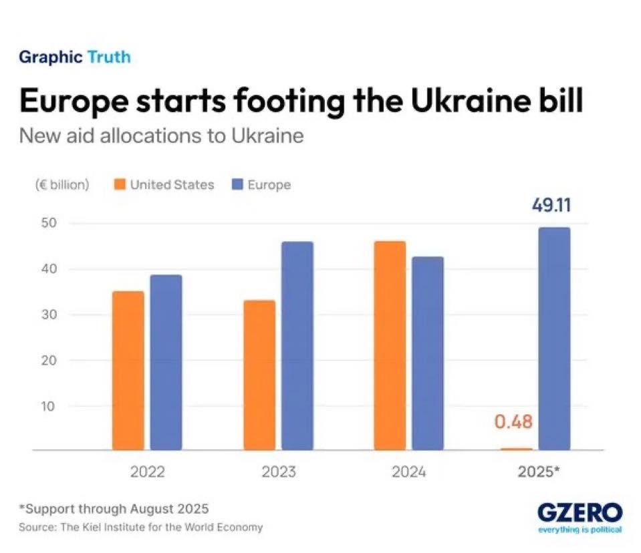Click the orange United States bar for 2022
(128, 371)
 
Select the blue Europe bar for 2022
(166, 363)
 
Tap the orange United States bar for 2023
(259, 375)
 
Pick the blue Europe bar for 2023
(297, 346)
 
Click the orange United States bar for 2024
(390, 345)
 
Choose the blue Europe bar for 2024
(428, 353)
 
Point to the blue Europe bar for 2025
(555, 339)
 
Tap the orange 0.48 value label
(513, 421)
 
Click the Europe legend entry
(261, 185)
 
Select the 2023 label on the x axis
(279, 472)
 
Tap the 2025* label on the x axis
(539, 472)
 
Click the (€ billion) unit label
(62, 185)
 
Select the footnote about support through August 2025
(114, 509)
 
